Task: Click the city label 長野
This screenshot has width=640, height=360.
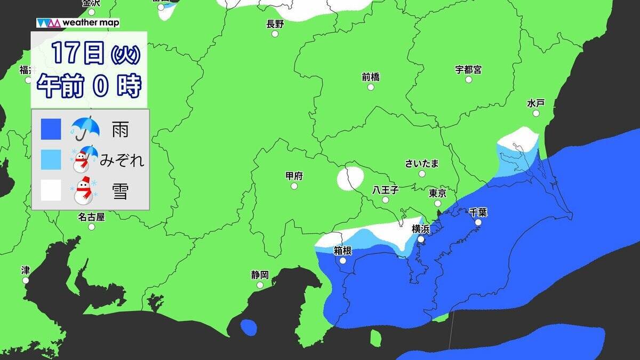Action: point(275,23)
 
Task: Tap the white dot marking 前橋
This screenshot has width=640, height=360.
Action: point(371,87)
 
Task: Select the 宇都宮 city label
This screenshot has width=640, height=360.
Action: point(468,69)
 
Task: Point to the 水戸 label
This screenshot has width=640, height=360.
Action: point(535,103)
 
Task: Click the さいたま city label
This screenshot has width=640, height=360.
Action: point(422,163)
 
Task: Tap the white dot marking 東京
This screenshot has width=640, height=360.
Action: point(437,203)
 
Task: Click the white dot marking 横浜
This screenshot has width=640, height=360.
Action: point(421,239)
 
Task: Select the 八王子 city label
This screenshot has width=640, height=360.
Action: point(385,190)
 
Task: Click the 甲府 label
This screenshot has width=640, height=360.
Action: point(294,176)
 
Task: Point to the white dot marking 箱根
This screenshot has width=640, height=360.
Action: point(342,261)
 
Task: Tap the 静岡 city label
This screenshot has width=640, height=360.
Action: point(260,275)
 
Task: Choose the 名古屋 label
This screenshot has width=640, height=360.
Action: point(91,217)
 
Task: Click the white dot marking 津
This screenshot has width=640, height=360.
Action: point(26,280)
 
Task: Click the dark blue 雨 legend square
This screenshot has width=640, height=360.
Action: point(51,129)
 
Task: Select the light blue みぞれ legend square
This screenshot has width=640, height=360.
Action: point(51,159)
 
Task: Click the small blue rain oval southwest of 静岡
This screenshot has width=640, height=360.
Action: point(248,327)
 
